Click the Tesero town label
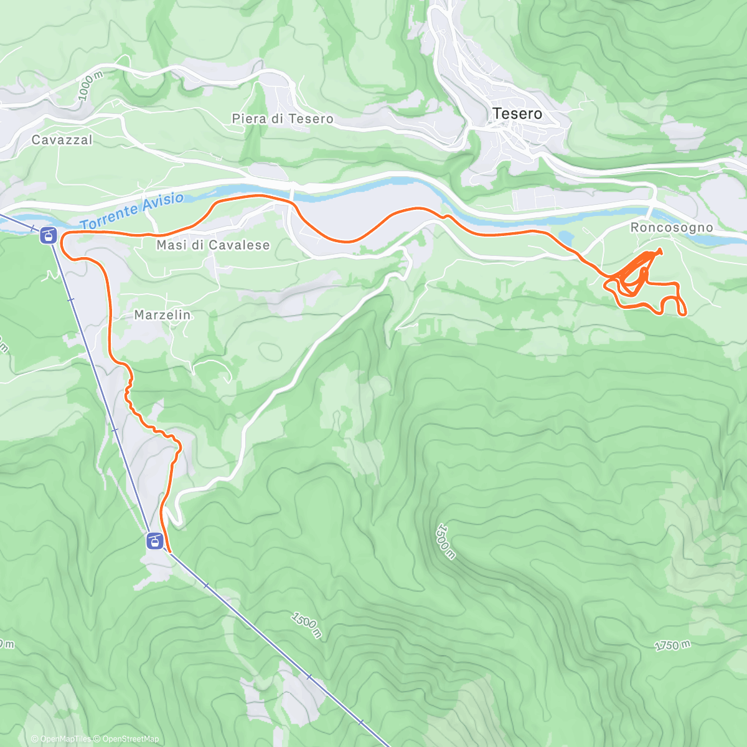click(x=517, y=114)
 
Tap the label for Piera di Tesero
click(x=282, y=119)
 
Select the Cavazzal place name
click(x=62, y=140)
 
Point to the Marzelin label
click(x=162, y=315)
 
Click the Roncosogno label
click(x=672, y=228)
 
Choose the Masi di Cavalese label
click(x=213, y=245)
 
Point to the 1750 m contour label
click(x=672, y=646)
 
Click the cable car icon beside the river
click(x=48, y=235)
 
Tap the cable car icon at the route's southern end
click(x=154, y=540)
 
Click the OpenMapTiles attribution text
click(x=65, y=739)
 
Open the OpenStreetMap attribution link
click(x=130, y=739)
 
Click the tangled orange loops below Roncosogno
click(x=632, y=277)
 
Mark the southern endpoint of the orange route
click(x=170, y=551)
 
